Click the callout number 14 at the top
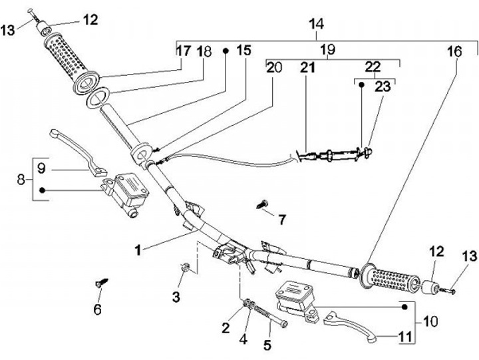tap(316, 24)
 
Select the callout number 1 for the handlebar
tap(138, 251)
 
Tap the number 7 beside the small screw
tap(281, 220)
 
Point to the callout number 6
tap(97, 309)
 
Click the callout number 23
tap(382, 87)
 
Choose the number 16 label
tap(454, 52)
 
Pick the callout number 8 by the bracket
tap(21, 180)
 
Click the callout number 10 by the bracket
tap(430, 321)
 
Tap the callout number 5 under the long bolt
tap(267, 345)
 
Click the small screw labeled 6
tap(102, 282)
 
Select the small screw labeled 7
tap(262, 204)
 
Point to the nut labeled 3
tap(185, 268)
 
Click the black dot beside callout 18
tap(226, 51)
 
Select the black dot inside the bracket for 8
tap(42, 190)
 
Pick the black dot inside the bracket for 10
tap(404, 307)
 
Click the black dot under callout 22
tap(361, 85)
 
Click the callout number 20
tap(273, 67)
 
